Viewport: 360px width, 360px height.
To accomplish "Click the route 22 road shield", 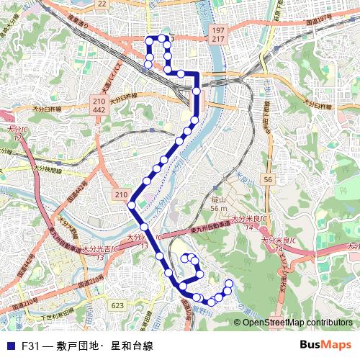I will pyautogui.click(x=102, y=4).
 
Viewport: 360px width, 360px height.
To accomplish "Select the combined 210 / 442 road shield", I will pyautogui.click(x=99, y=105).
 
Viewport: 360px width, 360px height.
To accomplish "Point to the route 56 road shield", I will pyautogui.click(x=268, y=179).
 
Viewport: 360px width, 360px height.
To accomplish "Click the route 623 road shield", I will pyautogui.click(x=117, y=305).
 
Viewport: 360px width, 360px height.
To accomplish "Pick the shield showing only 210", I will pyautogui.click(x=121, y=195).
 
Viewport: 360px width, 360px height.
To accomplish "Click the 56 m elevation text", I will pyautogui.click(x=219, y=208).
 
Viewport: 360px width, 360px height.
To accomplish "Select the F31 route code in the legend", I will pyautogui.click(x=30, y=346).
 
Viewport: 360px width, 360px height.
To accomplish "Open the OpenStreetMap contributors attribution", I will pyautogui.click(x=297, y=322).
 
